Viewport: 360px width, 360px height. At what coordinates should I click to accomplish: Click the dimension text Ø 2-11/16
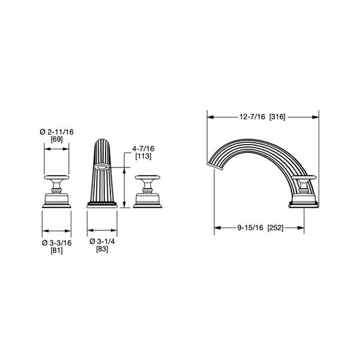click(x=57, y=132)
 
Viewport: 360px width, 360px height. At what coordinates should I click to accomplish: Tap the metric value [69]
click(x=56, y=139)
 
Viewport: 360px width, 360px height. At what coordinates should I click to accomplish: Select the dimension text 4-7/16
click(x=143, y=149)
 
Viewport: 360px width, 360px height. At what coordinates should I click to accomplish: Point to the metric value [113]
click(x=143, y=156)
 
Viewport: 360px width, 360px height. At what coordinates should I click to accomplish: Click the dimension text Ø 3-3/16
click(x=57, y=242)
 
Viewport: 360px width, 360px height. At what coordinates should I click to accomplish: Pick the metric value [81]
click(x=56, y=250)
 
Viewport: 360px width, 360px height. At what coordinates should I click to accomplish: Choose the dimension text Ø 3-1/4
click(x=102, y=241)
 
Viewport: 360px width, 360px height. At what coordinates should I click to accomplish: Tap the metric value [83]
click(x=102, y=248)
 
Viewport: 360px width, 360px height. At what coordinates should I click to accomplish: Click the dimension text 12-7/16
click(x=253, y=117)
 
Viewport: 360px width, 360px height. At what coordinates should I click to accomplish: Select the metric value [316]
click(x=277, y=117)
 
